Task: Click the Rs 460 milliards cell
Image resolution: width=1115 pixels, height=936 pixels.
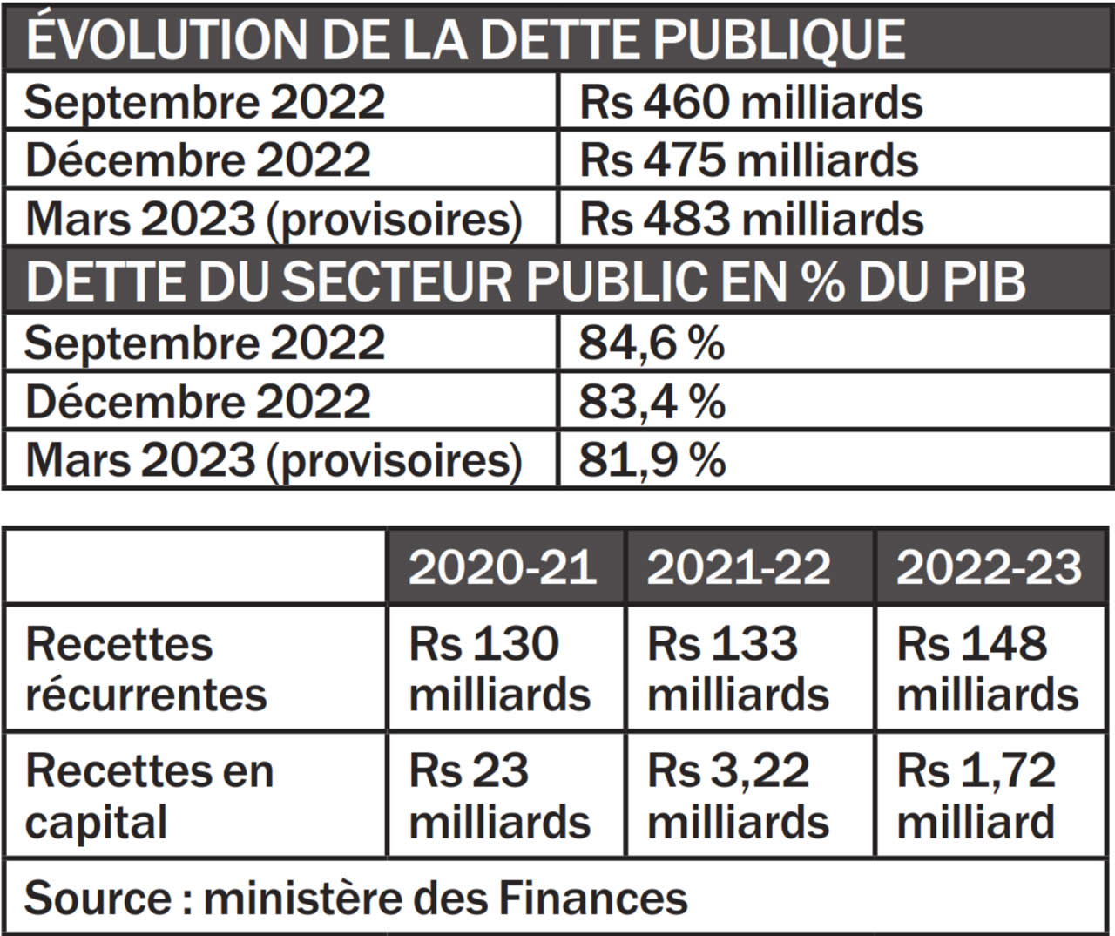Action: coord(750,103)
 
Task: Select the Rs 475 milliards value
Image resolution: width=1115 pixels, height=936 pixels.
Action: coord(749,160)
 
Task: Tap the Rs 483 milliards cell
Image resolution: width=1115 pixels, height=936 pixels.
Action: coord(751,219)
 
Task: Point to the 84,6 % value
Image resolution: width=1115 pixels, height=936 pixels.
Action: coord(652,343)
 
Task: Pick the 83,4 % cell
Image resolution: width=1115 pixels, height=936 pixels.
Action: coord(652,402)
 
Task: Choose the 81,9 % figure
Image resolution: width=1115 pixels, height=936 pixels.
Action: coord(652,460)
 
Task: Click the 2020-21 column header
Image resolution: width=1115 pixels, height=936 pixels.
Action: coord(503,567)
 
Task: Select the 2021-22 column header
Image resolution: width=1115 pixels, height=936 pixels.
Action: coord(739,567)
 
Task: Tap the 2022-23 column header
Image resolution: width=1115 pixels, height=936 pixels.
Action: coord(989,567)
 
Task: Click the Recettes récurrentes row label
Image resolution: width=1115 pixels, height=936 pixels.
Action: coord(145,669)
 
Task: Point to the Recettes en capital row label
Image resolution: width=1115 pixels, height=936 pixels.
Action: coord(149,797)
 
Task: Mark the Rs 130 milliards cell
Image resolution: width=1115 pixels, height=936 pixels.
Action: coord(500,669)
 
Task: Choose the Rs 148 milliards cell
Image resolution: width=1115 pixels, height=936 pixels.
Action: coord(988,669)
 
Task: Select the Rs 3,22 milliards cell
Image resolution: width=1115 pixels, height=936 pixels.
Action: coord(739,797)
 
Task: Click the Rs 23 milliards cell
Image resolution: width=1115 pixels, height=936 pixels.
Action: coord(500,797)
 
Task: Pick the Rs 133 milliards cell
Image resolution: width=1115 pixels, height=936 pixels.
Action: coord(739,669)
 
